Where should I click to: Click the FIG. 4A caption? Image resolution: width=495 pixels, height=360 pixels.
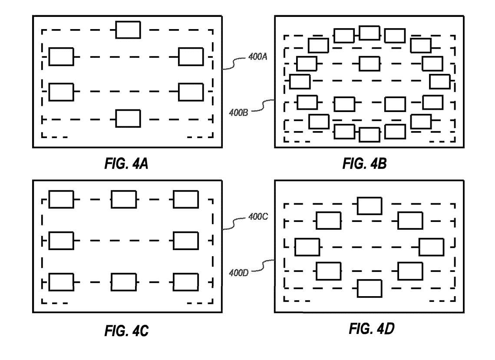127,164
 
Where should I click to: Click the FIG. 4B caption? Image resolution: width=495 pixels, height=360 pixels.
364,164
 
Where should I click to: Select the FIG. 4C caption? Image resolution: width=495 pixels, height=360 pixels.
126,331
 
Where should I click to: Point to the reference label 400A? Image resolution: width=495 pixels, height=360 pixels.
258,56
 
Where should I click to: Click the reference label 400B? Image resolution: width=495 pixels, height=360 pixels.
238,113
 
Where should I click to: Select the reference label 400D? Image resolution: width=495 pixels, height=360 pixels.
239,273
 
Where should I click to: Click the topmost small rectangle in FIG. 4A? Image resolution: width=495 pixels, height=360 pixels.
128,29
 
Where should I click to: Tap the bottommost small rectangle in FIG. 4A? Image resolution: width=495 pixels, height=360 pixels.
128,119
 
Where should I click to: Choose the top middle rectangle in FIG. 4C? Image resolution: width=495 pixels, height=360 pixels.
124,199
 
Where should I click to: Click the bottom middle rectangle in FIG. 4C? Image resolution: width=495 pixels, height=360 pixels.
124,282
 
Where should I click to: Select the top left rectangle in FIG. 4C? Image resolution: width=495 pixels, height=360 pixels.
61,199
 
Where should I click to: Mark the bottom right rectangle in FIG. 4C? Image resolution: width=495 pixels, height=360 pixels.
186,282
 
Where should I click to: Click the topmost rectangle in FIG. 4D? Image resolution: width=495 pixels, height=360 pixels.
370,205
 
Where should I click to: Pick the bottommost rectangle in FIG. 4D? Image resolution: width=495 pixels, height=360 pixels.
370,288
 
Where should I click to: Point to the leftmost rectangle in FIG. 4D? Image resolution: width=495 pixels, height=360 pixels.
307,247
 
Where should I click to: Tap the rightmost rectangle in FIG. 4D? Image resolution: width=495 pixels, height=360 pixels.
432,247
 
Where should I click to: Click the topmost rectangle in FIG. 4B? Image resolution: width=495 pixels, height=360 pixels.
370,33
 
